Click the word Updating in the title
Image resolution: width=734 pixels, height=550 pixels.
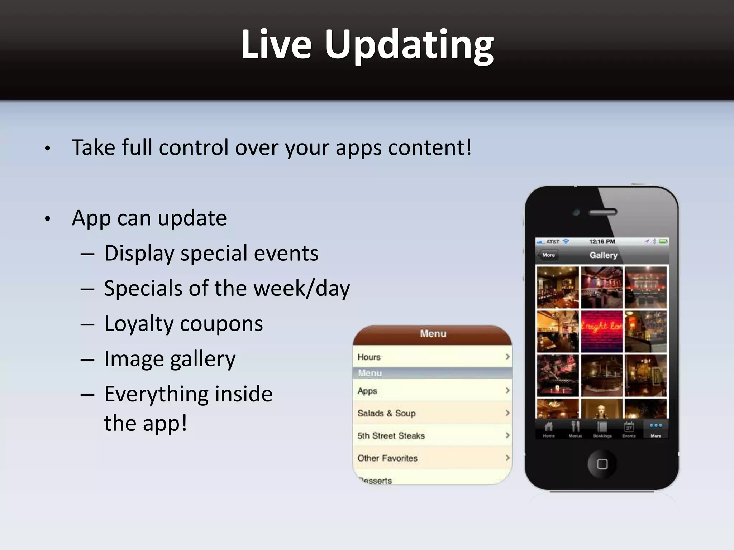[409, 45]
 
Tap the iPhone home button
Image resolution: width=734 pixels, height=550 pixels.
[602, 464]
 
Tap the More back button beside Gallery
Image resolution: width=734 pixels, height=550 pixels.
[548, 255]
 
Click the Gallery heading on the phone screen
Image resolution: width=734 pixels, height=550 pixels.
[604, 255]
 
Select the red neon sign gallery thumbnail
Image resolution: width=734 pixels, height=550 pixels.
[602, 331]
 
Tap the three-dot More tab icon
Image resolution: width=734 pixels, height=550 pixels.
[656, 426]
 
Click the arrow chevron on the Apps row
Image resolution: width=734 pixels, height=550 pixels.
[507, 390]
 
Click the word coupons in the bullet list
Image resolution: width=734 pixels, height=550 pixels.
[221, 324]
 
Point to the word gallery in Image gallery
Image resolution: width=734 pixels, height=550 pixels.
[202, 359]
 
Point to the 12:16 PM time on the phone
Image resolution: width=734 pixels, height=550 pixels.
[602, 242]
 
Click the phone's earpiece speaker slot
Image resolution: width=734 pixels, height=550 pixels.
[603, 212]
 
